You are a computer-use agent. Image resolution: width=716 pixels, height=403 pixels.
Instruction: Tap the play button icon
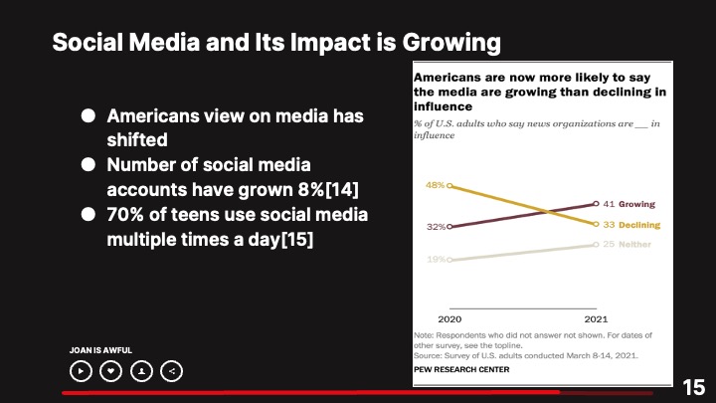point(81,371)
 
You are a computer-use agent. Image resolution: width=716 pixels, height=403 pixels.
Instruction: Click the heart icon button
point(111,371)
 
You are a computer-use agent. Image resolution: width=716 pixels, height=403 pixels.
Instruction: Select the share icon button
point(172,371)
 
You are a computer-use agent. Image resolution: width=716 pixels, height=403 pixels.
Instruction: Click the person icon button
point(142,371)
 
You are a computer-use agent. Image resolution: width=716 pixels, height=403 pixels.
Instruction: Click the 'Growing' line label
point(636,204)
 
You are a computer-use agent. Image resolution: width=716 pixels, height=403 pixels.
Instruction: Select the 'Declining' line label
point(638,225)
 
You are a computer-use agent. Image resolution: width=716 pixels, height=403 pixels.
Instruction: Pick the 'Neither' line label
point(635,244)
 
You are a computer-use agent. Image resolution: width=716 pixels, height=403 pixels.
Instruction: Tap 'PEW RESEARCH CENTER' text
point(460,369)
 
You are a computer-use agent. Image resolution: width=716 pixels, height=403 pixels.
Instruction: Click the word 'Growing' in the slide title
point(441,43)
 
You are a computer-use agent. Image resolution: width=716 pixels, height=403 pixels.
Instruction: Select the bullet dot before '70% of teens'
point(88,214)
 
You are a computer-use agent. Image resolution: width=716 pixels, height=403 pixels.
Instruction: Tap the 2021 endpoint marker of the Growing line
point(596,204)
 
